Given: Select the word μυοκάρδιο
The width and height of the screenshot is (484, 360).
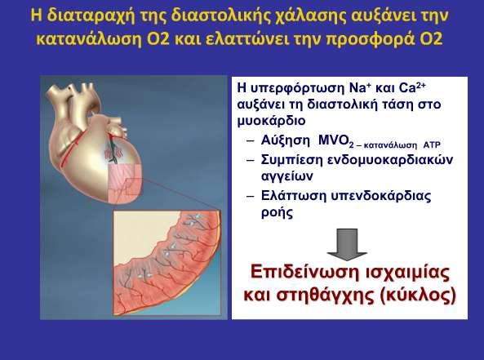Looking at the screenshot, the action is point(271,121).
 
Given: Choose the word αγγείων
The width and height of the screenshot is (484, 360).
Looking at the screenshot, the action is point(286,177).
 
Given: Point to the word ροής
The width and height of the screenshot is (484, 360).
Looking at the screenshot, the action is point(277,213).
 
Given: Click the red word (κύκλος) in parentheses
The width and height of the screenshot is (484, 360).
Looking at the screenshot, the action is point(418,296).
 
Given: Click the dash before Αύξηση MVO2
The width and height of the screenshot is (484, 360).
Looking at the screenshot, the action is point(251,141).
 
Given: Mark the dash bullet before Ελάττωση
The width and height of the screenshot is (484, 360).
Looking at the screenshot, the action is point(251,197).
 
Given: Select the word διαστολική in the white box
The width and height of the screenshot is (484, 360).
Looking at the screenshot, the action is point(343,104).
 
